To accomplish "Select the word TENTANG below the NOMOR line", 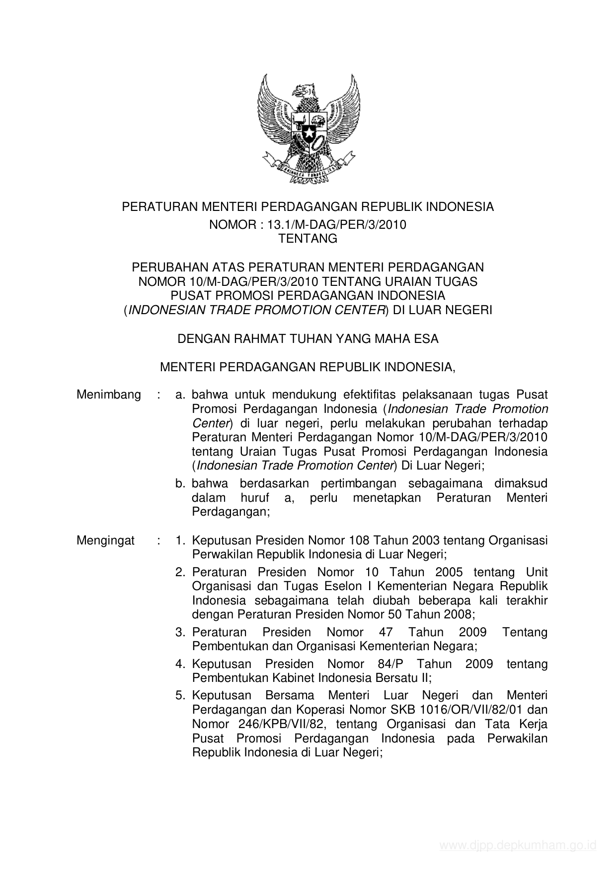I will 308,239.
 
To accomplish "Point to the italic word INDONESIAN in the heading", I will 161,310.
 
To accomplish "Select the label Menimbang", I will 109,395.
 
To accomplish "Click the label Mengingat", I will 106,540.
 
